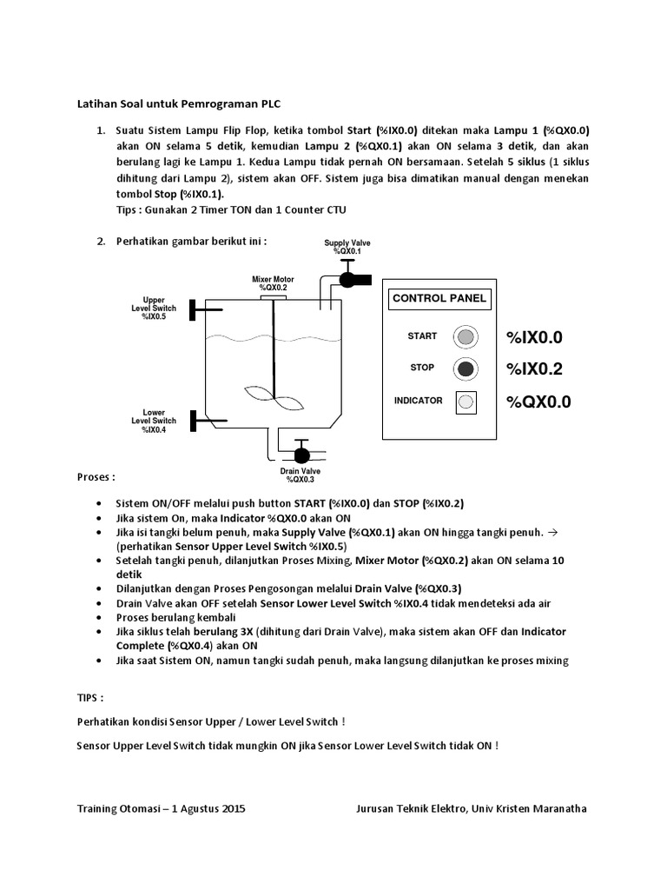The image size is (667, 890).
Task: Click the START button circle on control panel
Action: point(466,336)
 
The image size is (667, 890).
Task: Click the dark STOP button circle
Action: point(466,369)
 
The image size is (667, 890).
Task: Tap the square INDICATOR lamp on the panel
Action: point(466,402)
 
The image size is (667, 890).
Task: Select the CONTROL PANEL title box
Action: point(440,299)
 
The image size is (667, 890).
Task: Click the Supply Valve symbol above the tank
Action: point(350,278)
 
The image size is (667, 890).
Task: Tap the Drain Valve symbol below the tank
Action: point(301,454)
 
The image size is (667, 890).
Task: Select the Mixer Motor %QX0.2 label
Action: point(273,283)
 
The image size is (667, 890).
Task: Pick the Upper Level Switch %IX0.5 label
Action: point(154,309)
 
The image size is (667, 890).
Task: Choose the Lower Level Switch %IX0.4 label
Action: point(154,421)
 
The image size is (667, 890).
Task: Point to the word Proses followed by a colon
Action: point(95,477)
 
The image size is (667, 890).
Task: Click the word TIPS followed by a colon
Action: point(90,697)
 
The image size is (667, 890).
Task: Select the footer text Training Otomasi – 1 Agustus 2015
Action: point(161,808)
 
